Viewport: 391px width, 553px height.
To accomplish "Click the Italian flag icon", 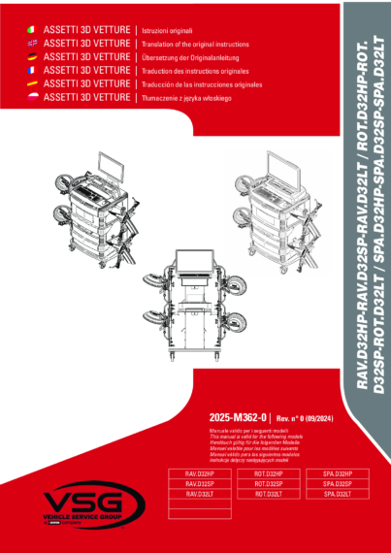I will pyautogui.click(x=33, y=32).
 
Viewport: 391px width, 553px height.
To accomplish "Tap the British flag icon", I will pyautogui.click(x=33, y=45).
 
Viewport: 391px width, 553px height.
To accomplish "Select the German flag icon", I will pyautogui.click(x=33, y=58).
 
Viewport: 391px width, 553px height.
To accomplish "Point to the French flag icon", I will pyautogui.click(x=33, y=71).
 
